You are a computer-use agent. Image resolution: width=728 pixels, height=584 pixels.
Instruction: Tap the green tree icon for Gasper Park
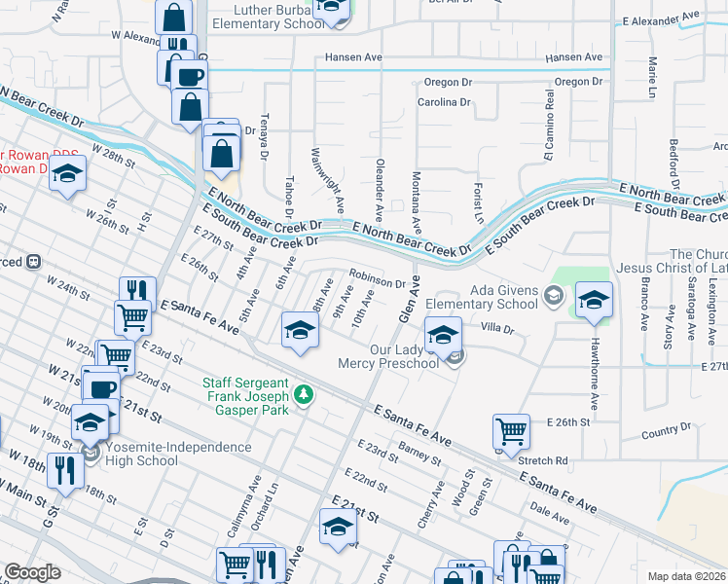point(305,394)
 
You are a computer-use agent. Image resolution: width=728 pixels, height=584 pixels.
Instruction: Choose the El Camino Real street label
point(549,126)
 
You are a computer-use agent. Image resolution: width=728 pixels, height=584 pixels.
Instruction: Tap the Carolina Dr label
point(444,101)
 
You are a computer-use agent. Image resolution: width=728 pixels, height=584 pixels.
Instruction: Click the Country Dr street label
point(666,427)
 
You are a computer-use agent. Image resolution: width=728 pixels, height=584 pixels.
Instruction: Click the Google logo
point(32,572)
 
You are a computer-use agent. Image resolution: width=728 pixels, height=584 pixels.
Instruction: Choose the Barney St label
point(419,452)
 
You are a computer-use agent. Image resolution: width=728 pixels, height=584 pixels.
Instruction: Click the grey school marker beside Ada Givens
point(554,295)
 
